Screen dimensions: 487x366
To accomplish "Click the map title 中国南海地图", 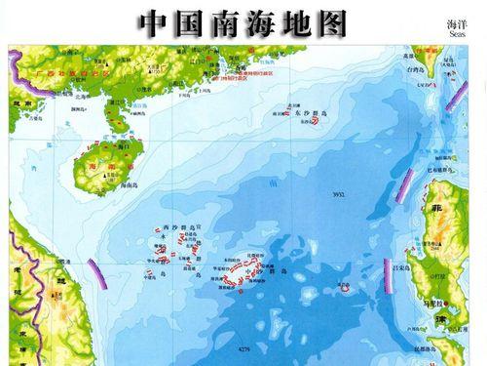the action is [243, 21].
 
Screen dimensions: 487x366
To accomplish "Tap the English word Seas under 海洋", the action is [459, 32].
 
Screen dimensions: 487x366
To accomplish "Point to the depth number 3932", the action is [338, 196].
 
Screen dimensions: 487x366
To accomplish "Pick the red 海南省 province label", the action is [98, 167].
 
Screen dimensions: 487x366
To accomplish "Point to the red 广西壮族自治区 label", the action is [58, 72].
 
